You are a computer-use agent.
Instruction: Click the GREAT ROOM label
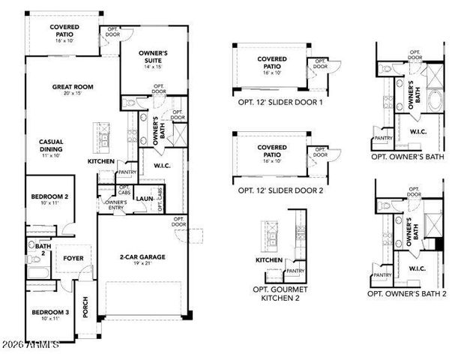pos(73,87)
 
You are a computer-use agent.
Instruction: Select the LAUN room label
pos(144,199)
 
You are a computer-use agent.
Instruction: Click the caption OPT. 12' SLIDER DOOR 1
pos(280,100)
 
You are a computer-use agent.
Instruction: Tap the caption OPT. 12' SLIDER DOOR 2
pos(280,190)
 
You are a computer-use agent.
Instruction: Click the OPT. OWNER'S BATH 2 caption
pos(408,293)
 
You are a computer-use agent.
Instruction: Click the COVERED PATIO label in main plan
pos(64,31)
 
